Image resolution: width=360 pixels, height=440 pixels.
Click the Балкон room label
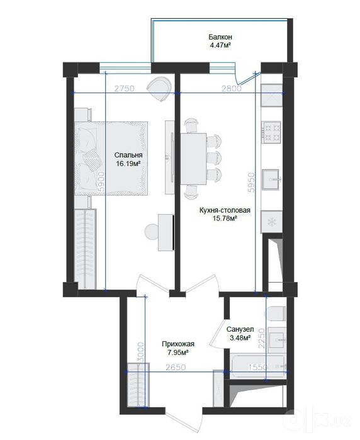[220, 37]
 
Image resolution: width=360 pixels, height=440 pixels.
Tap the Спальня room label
[128, 155]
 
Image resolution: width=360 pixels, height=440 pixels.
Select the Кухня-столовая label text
[225, 210]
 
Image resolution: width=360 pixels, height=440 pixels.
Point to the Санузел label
[240, 329]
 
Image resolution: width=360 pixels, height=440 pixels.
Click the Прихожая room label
[178, 344]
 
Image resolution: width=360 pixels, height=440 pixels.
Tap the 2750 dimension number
[125, 88]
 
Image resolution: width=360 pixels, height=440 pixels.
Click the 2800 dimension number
[232, 89]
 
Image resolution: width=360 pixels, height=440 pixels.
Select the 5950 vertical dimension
[251, 183]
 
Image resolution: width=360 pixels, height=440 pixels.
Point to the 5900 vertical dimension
[101, 182]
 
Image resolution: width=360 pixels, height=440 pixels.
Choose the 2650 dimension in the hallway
[176, 368]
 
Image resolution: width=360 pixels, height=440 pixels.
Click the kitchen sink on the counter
[271, 179]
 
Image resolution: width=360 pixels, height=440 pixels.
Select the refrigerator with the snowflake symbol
[271, 222]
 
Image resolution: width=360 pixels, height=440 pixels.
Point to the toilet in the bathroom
[277, 313]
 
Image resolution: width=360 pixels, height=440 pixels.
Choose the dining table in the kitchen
[193, 159]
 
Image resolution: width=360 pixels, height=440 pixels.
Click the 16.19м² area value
[128, 164]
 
